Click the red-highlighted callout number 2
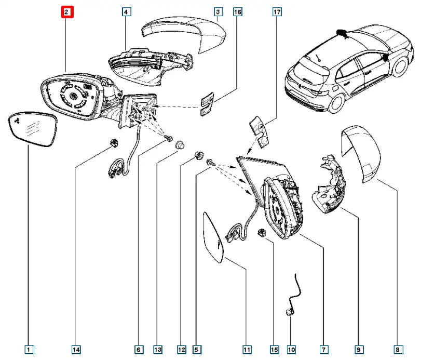pos(67,11)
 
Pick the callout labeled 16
pos(237,11)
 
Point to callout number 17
pos(277,11)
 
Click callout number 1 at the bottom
pos(29,350)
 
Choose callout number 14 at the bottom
pos(76,350)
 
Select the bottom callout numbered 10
pos(291,350)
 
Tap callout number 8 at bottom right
pos(398,350)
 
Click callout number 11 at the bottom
pos(247,350)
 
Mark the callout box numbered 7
pos(323,350)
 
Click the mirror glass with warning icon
pos(33,131)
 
